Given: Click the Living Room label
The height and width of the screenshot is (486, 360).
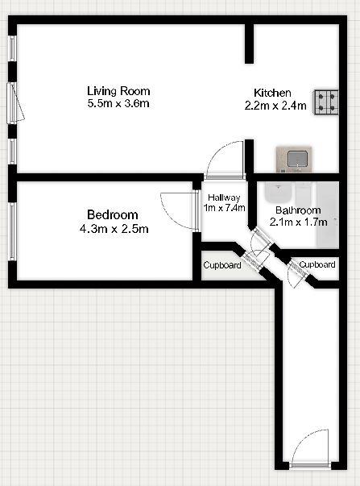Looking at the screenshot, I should click(119, 91).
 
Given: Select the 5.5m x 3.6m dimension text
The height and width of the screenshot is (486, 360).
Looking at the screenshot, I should click(119, 103).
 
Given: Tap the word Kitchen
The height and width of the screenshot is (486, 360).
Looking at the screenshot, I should click(273, 93).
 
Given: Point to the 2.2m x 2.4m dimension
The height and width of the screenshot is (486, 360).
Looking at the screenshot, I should click(275, 105).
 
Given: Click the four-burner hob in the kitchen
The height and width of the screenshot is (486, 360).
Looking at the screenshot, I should click(327, 100).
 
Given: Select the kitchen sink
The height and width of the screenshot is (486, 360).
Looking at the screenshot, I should click(293, 159).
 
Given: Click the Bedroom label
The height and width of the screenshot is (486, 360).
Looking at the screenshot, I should click(113, 215).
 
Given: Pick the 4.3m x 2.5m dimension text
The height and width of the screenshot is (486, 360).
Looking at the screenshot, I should click(113, 228).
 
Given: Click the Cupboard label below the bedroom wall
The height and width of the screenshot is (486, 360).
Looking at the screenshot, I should click(221, 265).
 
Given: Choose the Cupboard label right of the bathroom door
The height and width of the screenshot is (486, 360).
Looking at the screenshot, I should click(317, 264).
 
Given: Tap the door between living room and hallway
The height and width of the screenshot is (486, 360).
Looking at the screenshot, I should click(224, 160).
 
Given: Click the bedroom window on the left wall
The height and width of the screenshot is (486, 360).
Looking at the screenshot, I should click(12, 231).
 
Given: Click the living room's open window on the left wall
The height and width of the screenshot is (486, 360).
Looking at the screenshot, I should click(14, 102).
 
